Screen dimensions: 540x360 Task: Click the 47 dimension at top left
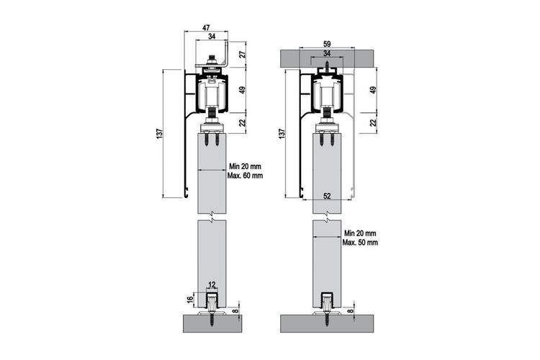[x=207, y=27]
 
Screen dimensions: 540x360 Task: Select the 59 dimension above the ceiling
[x=327, y=44]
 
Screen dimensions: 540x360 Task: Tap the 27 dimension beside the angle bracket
[x=243, y=54]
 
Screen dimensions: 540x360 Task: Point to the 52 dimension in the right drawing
[x=327, y=196]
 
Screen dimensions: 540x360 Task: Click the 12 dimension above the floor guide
[x=212, y=284]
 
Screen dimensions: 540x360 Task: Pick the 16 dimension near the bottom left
[x=190, y=300]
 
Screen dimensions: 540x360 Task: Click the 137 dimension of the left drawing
[x=159, y=133]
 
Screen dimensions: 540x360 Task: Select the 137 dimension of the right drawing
[x=282, y=133]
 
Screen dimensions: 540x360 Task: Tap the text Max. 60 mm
[x=245, y=176]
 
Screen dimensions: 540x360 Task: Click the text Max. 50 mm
[x=360, y=243]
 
